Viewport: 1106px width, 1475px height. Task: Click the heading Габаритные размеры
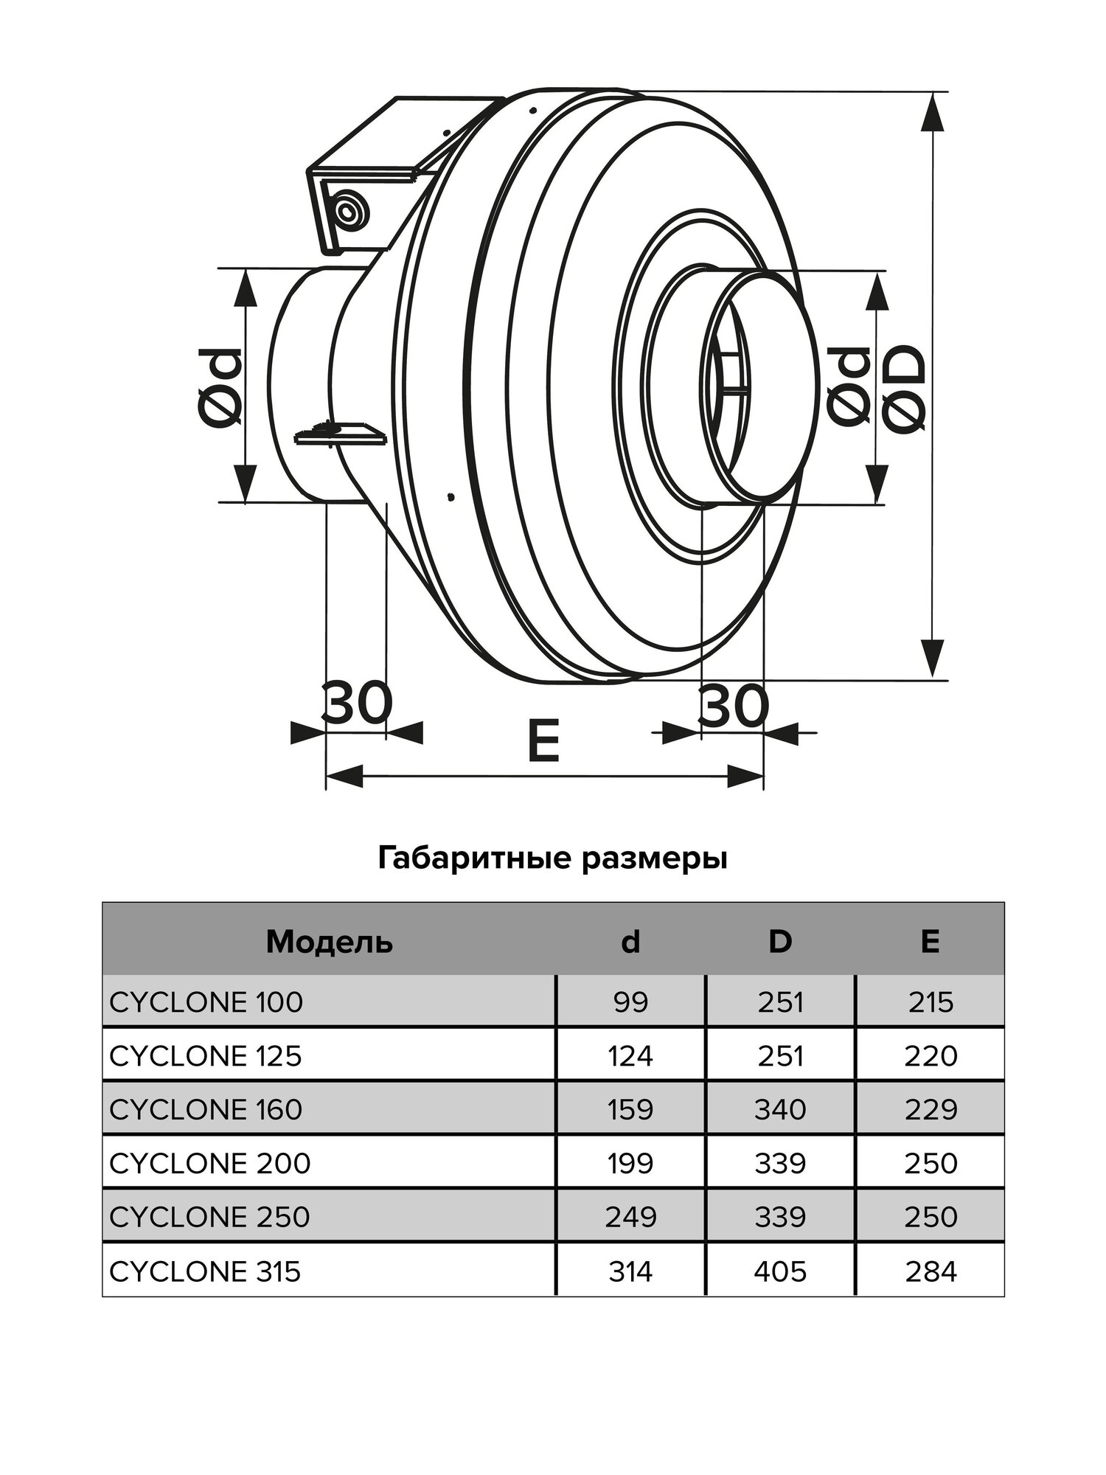553,858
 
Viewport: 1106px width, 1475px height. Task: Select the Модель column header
329,942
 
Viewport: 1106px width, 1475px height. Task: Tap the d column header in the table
630,942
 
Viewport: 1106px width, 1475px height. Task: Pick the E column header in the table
930,942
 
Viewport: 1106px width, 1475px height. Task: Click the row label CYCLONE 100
206,1002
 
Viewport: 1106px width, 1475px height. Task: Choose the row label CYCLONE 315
206,1271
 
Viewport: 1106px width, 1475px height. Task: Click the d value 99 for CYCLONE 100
630,1002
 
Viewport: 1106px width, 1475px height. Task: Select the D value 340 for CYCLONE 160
780,1110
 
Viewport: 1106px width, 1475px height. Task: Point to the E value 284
931,1271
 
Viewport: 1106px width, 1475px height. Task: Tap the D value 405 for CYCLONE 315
780,1271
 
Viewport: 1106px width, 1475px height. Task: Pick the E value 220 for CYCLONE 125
931,1056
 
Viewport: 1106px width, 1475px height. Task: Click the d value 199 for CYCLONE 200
630,1164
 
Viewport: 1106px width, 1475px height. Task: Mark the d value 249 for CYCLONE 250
630,1218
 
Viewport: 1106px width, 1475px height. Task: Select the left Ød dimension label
220,387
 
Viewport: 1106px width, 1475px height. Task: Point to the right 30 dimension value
734,706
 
